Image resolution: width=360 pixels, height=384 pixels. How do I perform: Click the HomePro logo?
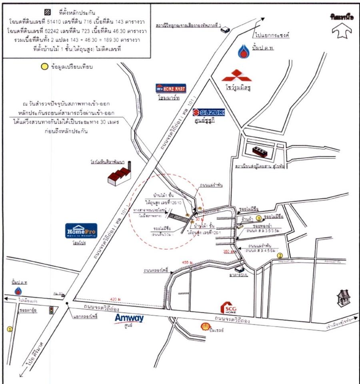click(x=81, y=231)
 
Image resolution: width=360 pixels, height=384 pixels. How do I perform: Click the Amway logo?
click(x=129, y=318)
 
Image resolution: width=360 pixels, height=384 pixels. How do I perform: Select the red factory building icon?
click(x=119, y=175)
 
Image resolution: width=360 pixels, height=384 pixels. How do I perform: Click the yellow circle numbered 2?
click(x=280, y=256)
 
